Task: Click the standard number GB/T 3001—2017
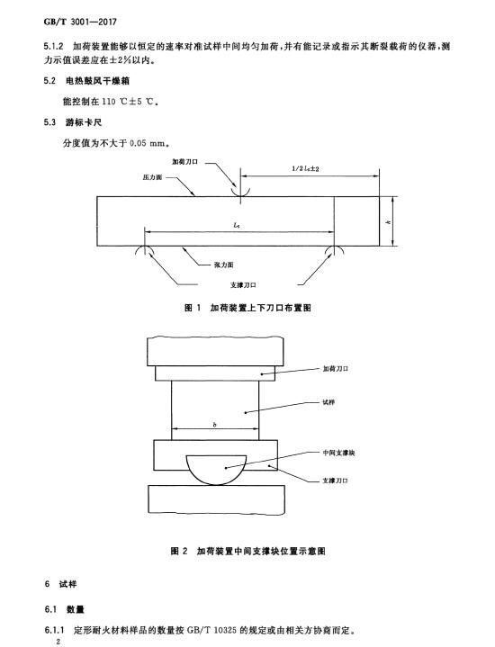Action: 80,22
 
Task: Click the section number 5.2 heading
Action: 49,81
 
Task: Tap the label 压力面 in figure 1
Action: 152,177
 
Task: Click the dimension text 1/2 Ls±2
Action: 305,168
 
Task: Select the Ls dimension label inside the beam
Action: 236,225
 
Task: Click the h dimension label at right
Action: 388,222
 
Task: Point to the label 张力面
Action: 224,265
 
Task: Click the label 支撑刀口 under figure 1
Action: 243,285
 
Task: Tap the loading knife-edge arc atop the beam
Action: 240,193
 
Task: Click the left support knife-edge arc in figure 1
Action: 145,249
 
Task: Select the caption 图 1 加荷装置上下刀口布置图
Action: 247,308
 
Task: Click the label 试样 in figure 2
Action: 328,402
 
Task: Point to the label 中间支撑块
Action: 338,453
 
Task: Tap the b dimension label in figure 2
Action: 215,424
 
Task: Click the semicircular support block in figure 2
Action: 216,471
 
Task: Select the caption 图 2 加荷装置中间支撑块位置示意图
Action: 247,551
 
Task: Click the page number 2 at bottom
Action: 58,642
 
